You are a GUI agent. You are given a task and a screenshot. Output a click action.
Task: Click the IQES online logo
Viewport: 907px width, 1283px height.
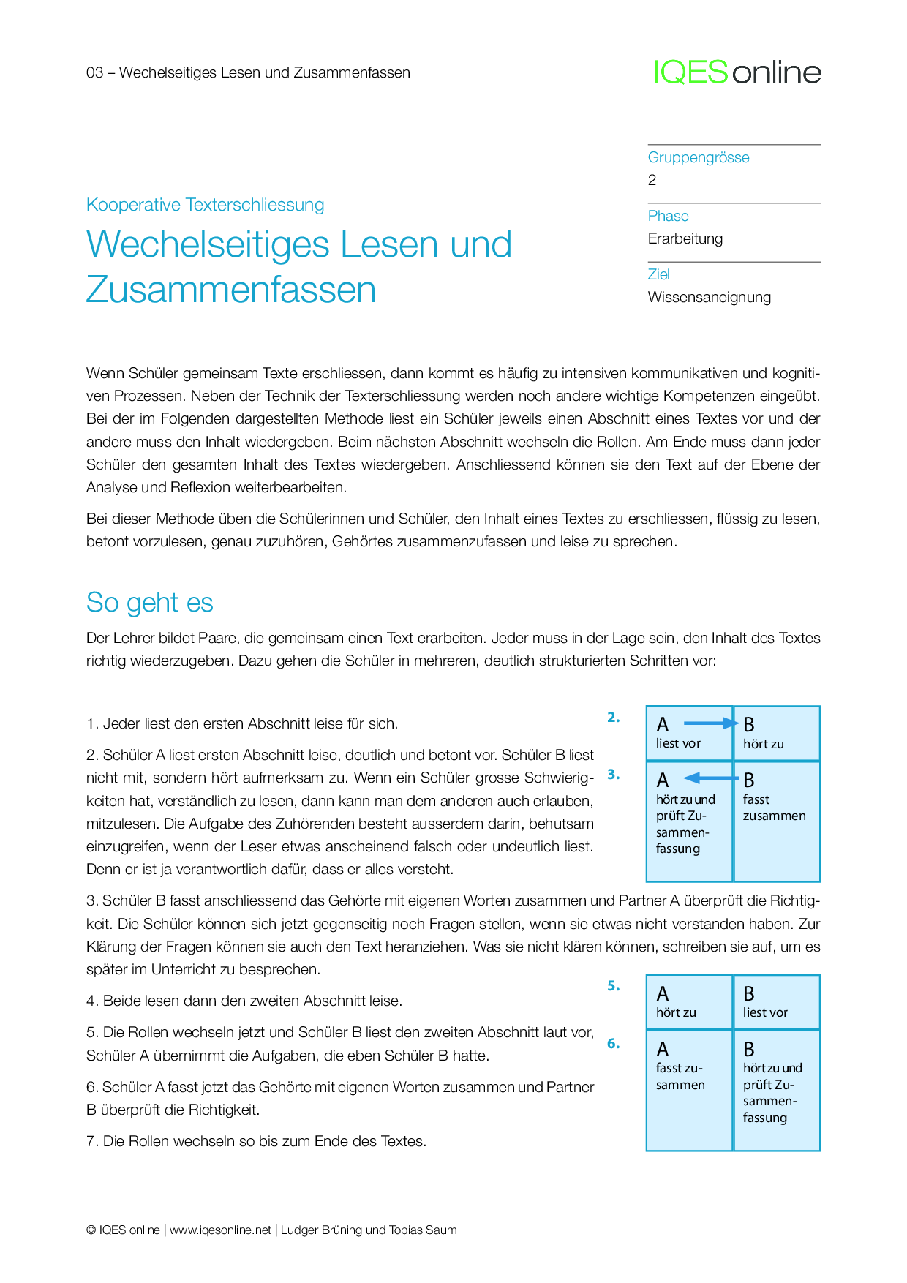[x=737, y=72]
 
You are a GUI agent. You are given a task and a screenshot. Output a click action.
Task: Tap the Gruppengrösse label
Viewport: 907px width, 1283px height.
[x=699, y=157]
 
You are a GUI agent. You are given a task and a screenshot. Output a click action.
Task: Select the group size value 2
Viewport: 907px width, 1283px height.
[x=652, y=180]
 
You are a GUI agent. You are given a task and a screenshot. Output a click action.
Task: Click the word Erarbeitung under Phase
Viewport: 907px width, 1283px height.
[x=685, y=238]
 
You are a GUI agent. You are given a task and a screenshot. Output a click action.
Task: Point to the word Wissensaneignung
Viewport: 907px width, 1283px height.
[x=709, y=297]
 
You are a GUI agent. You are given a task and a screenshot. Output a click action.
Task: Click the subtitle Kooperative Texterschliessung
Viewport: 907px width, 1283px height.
[x=205, y=205]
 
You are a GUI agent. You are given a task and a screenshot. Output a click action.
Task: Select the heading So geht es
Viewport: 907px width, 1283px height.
[x=149, y=603]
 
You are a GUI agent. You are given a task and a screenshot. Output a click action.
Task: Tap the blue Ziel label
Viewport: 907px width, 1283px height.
[x=658, y=274]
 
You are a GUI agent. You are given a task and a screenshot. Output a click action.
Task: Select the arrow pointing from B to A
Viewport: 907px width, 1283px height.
[x=710, y=778]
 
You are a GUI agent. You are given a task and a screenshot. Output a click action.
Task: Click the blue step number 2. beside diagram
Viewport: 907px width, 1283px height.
[x=613, y=718]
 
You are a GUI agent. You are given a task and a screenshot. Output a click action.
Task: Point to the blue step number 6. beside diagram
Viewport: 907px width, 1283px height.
[x=613, y=1044]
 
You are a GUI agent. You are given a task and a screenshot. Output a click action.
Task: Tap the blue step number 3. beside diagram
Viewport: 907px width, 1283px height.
[x=613, y=775]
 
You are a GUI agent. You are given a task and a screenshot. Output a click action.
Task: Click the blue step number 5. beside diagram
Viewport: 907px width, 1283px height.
[x=613, y=986]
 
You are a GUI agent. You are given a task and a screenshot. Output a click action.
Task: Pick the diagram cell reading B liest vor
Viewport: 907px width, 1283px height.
[x=776, y=1002]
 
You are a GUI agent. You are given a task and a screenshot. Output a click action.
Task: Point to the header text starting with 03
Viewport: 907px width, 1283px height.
[x=248, y=72]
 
